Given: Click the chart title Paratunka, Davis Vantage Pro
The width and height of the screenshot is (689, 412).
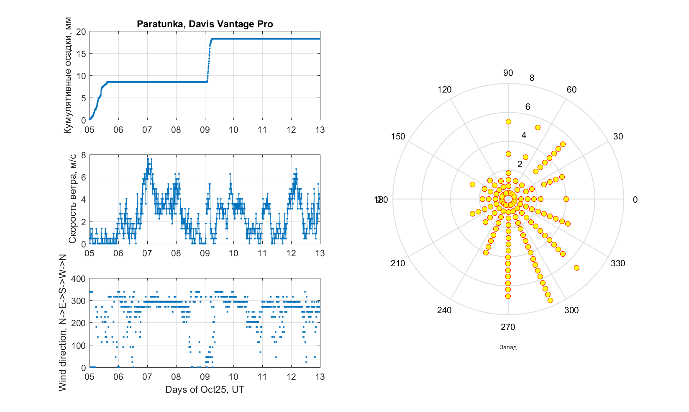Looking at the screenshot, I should coord(205,24).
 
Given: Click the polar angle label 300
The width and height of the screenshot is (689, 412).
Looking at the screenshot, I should coord(571,310).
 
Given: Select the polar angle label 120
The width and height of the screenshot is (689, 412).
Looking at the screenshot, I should coord(444,90).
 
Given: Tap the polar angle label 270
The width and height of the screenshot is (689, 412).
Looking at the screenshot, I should coord(508,327).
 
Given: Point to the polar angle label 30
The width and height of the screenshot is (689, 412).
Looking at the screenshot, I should coord(618,136).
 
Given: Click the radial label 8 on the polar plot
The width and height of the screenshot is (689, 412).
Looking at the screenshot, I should coord(532,78).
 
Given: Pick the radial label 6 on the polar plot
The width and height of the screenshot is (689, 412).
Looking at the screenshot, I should coord(528,107).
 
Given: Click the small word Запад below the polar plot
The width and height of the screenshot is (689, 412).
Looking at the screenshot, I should coord(508,347).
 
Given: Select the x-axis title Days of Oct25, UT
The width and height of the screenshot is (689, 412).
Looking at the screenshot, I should coord(205,390).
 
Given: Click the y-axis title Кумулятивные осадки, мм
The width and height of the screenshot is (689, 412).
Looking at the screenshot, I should coord(68,76).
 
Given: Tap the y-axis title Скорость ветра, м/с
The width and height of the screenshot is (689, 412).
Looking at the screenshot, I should coord(72,199).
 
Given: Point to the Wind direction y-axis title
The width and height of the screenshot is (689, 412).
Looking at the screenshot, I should coord(63,323).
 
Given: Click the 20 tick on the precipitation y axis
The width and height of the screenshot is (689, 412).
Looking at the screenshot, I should coord(81,32).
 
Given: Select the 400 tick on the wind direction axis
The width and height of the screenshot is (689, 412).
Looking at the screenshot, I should coord(79,279).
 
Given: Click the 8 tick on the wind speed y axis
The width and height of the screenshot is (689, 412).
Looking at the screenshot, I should coord(83,155).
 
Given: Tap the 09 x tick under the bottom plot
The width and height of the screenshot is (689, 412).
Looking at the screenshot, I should coord(205,377).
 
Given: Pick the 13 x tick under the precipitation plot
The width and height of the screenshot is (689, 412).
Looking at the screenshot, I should coord(320,130).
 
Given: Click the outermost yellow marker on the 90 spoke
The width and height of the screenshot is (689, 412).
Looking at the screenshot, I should coord(508,122).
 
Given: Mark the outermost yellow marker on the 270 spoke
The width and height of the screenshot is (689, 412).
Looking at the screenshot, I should coord(508,296).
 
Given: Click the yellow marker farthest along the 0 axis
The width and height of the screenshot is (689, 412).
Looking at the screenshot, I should coord(566,199).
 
